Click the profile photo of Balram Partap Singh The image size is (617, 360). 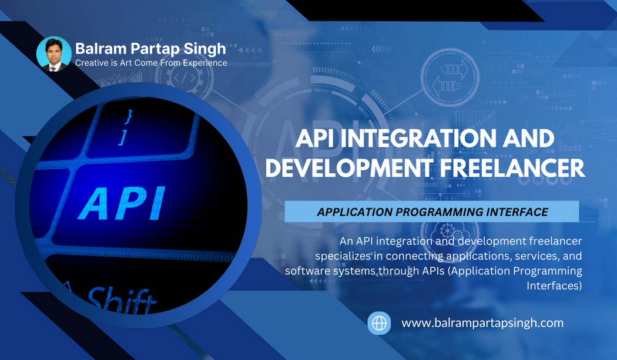click(54, 55)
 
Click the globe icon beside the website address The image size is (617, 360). click(379, 323)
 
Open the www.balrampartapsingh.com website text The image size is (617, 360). click(482, 323)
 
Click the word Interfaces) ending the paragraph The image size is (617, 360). click(554, 286)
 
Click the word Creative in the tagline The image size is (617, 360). click(91, 63)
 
